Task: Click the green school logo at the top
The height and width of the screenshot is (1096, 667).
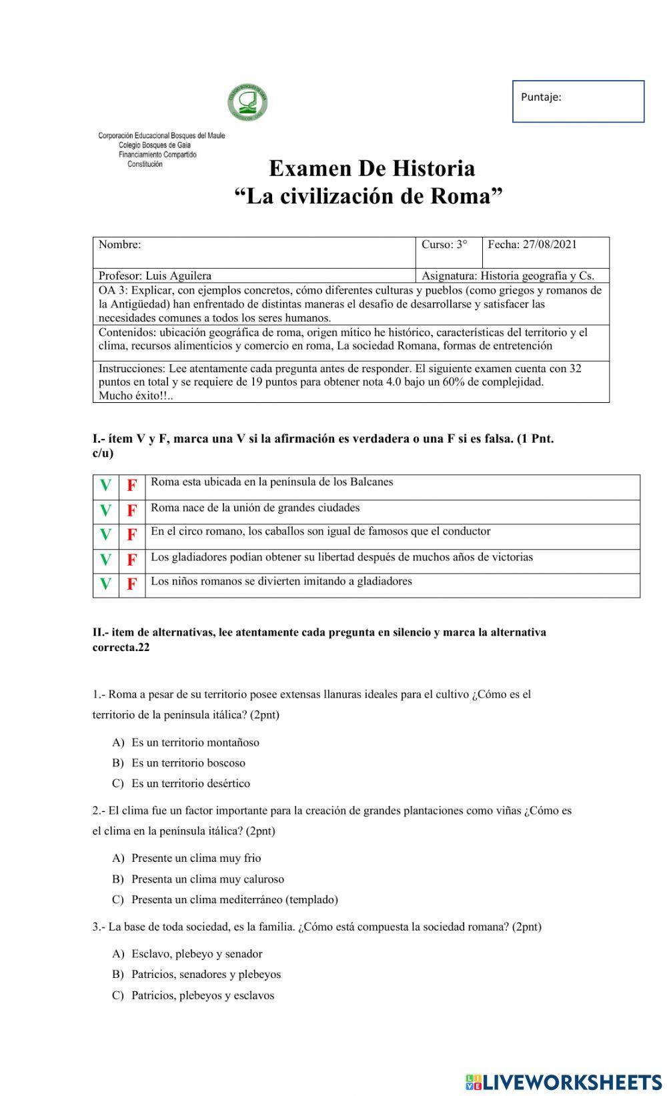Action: pos(247,103)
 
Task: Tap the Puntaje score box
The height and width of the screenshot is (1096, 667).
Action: pos(578,101)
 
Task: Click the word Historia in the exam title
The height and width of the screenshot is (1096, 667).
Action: pos(432,168)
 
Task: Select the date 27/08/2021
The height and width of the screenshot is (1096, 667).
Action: pos(550,244)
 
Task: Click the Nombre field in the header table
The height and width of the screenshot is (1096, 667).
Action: pos(253,251)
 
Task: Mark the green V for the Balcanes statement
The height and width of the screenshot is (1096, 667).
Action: pos(105,486)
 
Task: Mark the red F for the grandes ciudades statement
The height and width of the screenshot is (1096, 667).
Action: pos(132,511)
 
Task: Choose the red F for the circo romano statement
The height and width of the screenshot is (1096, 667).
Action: pos(132,535)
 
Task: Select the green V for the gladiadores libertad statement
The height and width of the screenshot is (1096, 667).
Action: pos(105,560)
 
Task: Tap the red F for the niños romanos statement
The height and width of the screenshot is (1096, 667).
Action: pos(132,584)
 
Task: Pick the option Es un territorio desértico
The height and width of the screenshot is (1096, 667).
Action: pos(190,784)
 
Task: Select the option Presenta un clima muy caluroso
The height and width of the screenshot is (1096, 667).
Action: pos(207,879)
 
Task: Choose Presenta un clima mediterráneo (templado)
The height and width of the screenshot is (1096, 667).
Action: pos(234,900)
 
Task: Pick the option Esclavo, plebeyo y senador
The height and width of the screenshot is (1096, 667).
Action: pos(196,954)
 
